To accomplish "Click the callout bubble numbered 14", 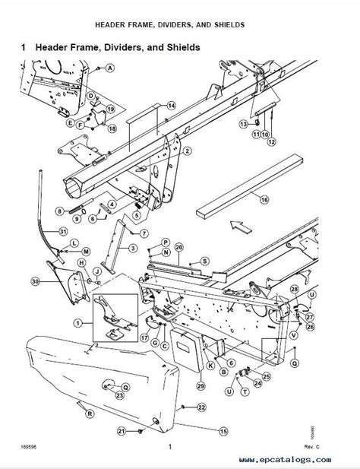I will point(171,106).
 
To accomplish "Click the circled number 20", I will point(178,247).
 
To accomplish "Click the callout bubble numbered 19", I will point(110,109).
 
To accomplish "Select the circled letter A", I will point(110,68).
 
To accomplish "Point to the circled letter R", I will point(90,414).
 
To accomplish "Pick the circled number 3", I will point(133,249).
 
